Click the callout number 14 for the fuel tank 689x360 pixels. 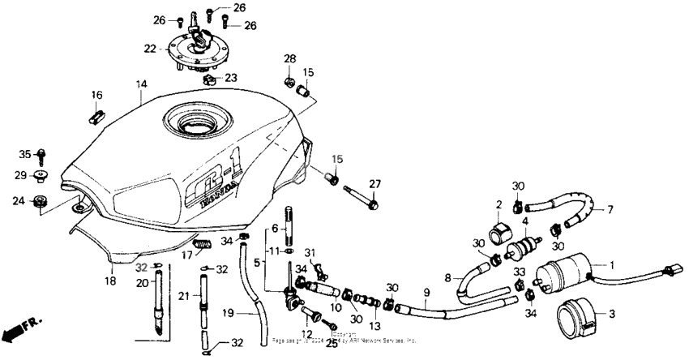pyautogui.click(x=141, y=84)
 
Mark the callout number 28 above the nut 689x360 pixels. pyautogui.click(x=289, y=59)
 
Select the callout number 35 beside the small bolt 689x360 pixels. pyautogui.click(x=24, y=154)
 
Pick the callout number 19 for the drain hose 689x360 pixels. pyautogui.click(x=228, y=311)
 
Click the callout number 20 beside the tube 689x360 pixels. pyautogui.click(x=141, y=283)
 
